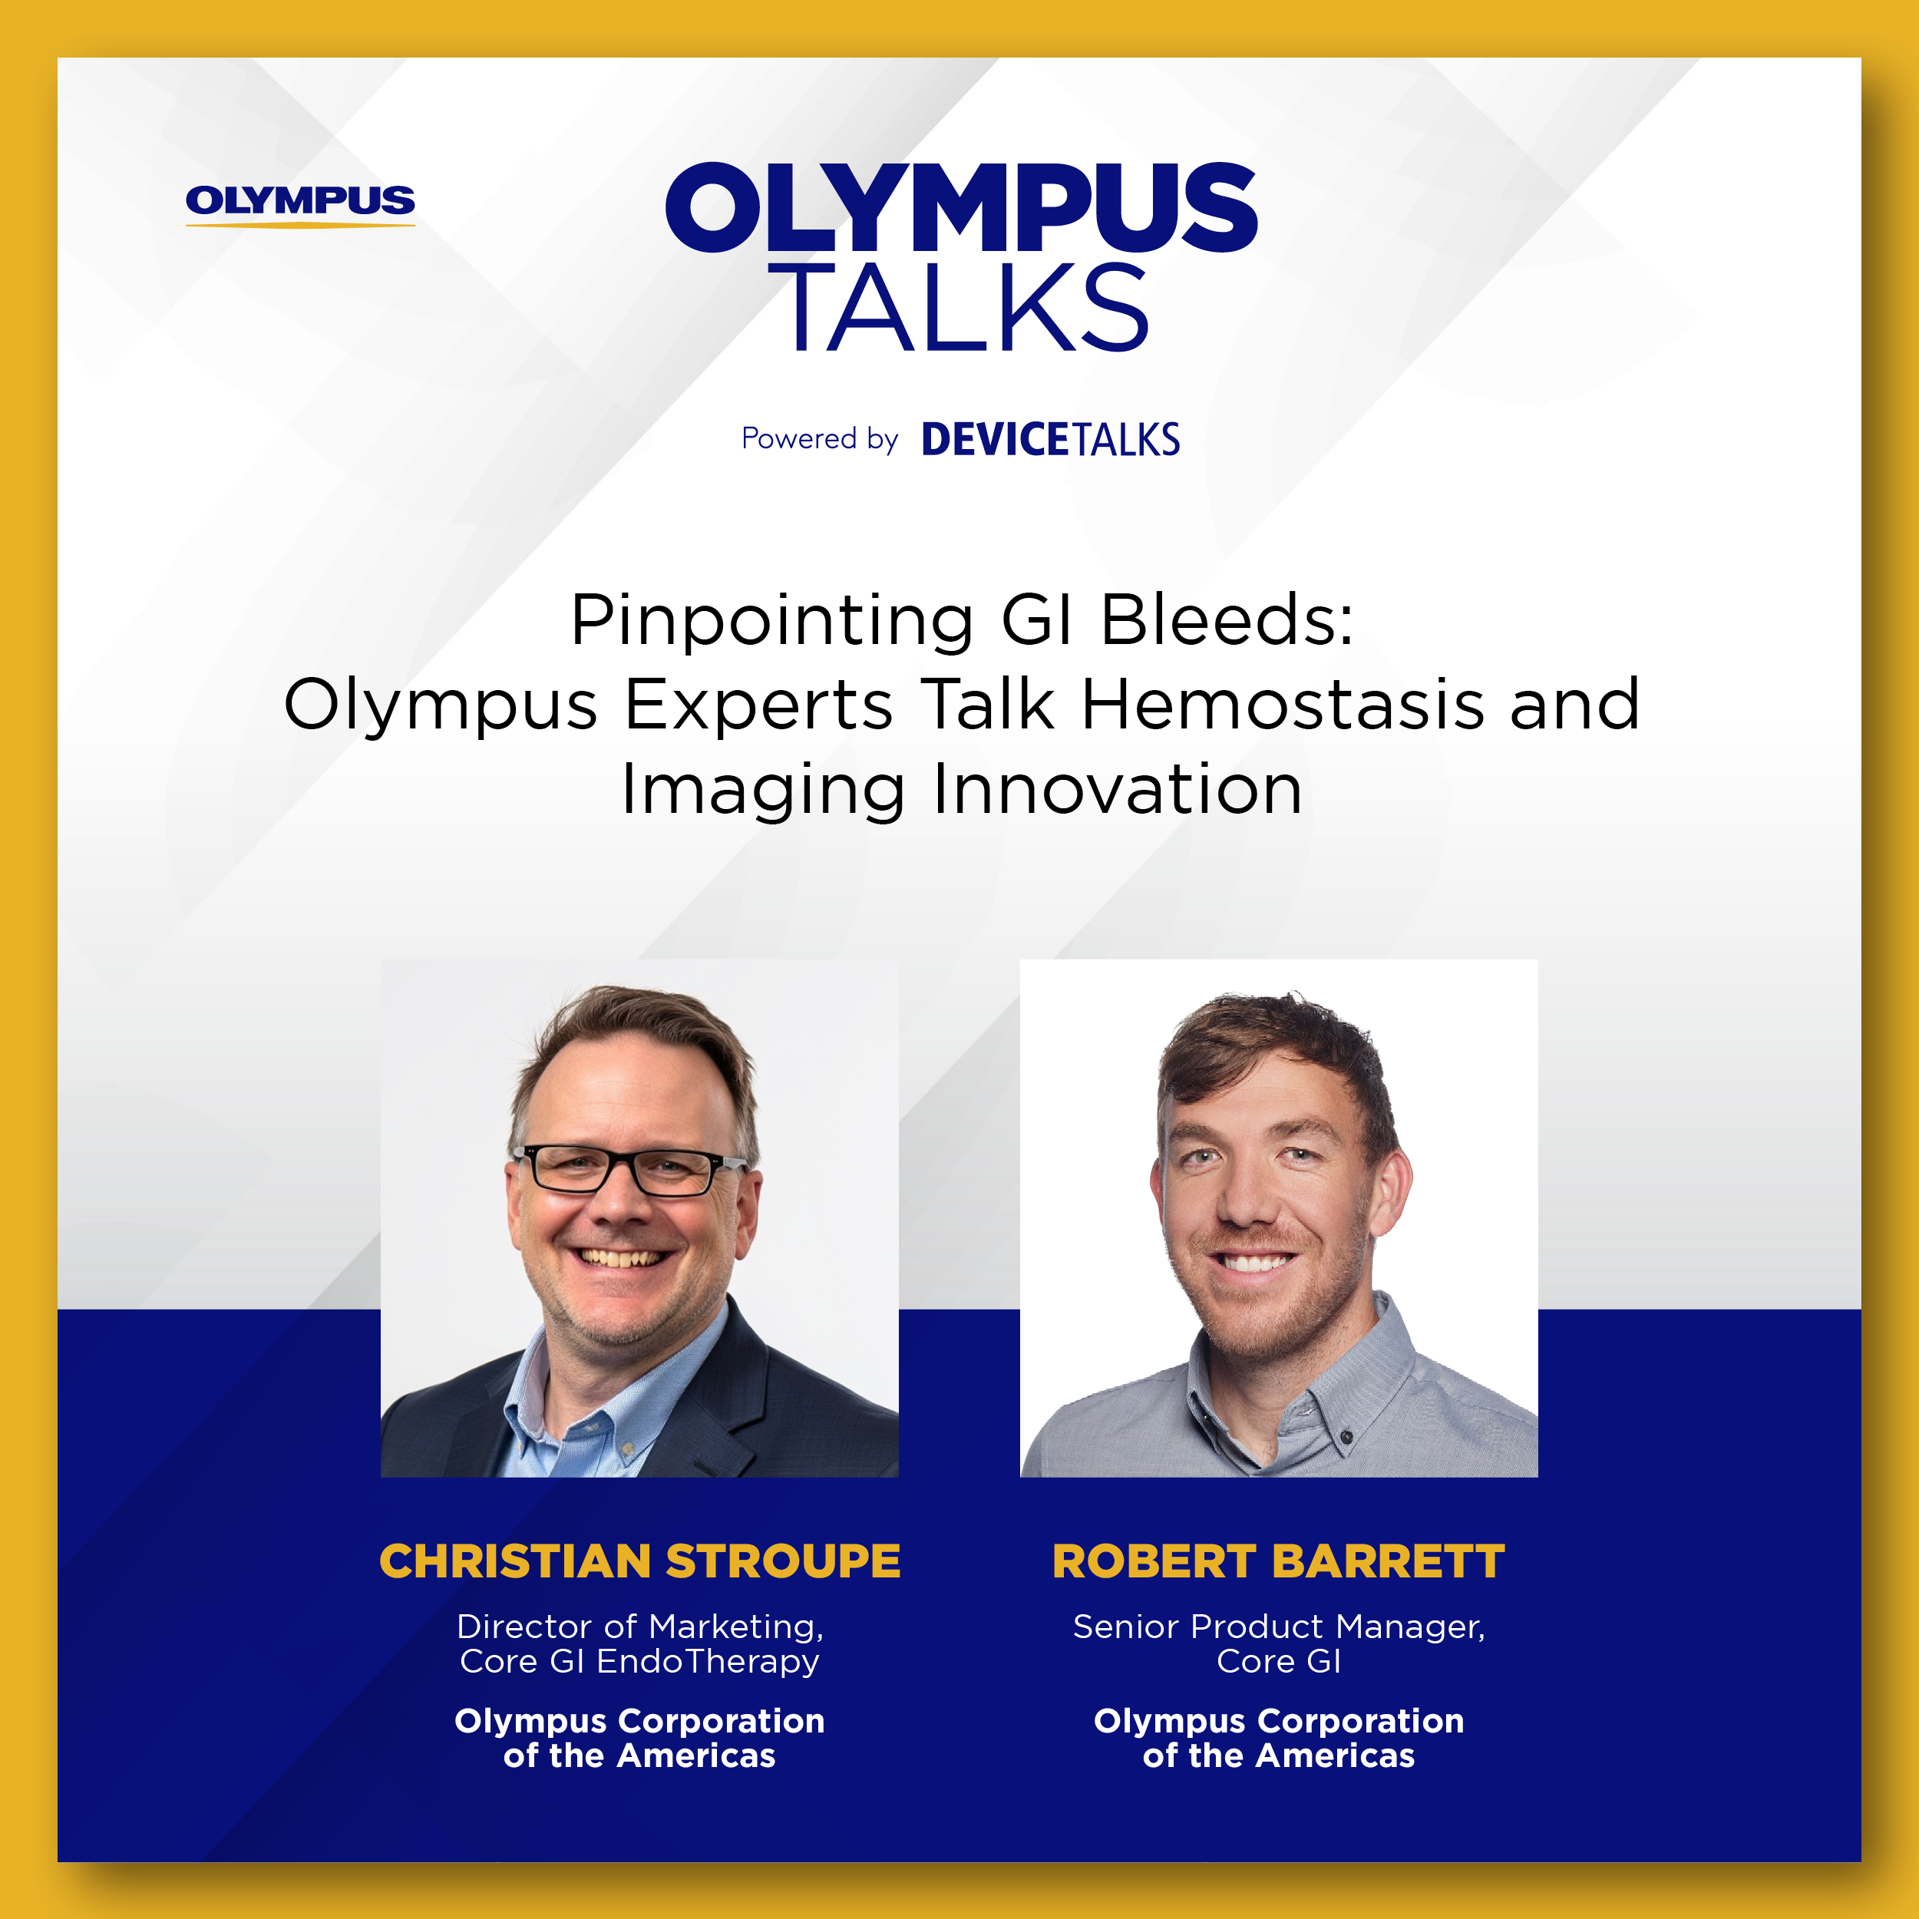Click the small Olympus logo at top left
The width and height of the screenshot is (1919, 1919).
tap(300, 205)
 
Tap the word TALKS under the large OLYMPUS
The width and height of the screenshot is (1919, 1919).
tap(969, 308)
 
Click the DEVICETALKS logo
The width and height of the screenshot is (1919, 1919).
tap(1051, 440)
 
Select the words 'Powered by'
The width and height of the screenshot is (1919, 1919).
tap(820, 439)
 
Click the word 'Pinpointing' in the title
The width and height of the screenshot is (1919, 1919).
tap(771, 623)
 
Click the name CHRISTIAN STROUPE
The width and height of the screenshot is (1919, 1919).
tap(639, 1561)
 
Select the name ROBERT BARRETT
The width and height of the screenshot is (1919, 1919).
tap(1278, 1561)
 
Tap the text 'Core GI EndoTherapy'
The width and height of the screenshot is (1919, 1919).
tap(639, 1662)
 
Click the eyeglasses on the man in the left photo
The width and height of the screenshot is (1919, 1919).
tap(629, 1169)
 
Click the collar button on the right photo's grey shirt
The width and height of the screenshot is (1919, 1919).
tap(1345, 1436)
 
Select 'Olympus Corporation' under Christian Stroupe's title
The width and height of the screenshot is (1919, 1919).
tap(639, 1721)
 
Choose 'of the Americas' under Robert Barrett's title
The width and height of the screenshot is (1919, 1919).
tap(1278, 1756)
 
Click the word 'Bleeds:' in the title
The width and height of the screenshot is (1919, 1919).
tap(1227, 621)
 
